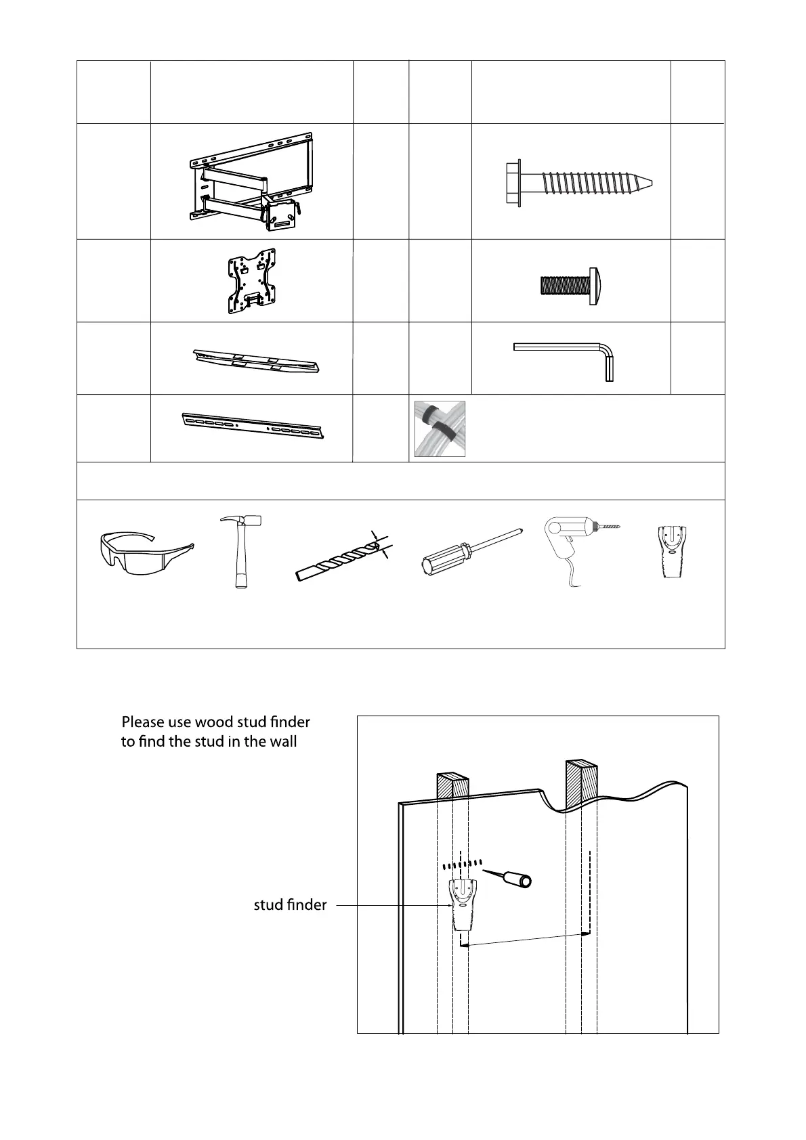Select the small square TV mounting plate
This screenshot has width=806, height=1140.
click(251, 281)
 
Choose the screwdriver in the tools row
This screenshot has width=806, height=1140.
click(471, 552)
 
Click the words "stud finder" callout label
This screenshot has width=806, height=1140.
click(290, 904)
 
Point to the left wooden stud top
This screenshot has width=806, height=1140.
click(453, 786)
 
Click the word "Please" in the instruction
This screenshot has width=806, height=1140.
click(143, 722)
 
